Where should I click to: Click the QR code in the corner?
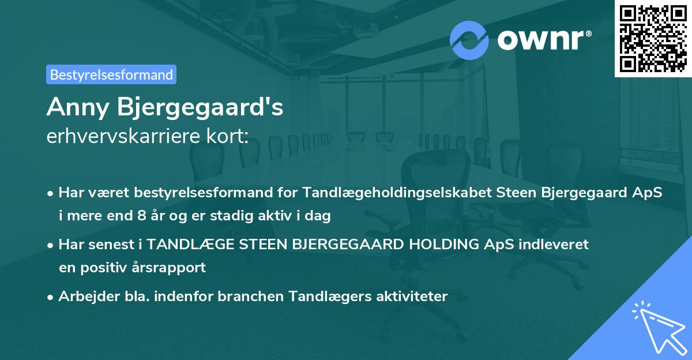click(x=653, y=38)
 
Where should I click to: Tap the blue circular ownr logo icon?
click(x=469, y=39)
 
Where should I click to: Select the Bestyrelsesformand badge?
click(x=111, y=74)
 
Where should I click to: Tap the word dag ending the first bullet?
click(x=318, y=217)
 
